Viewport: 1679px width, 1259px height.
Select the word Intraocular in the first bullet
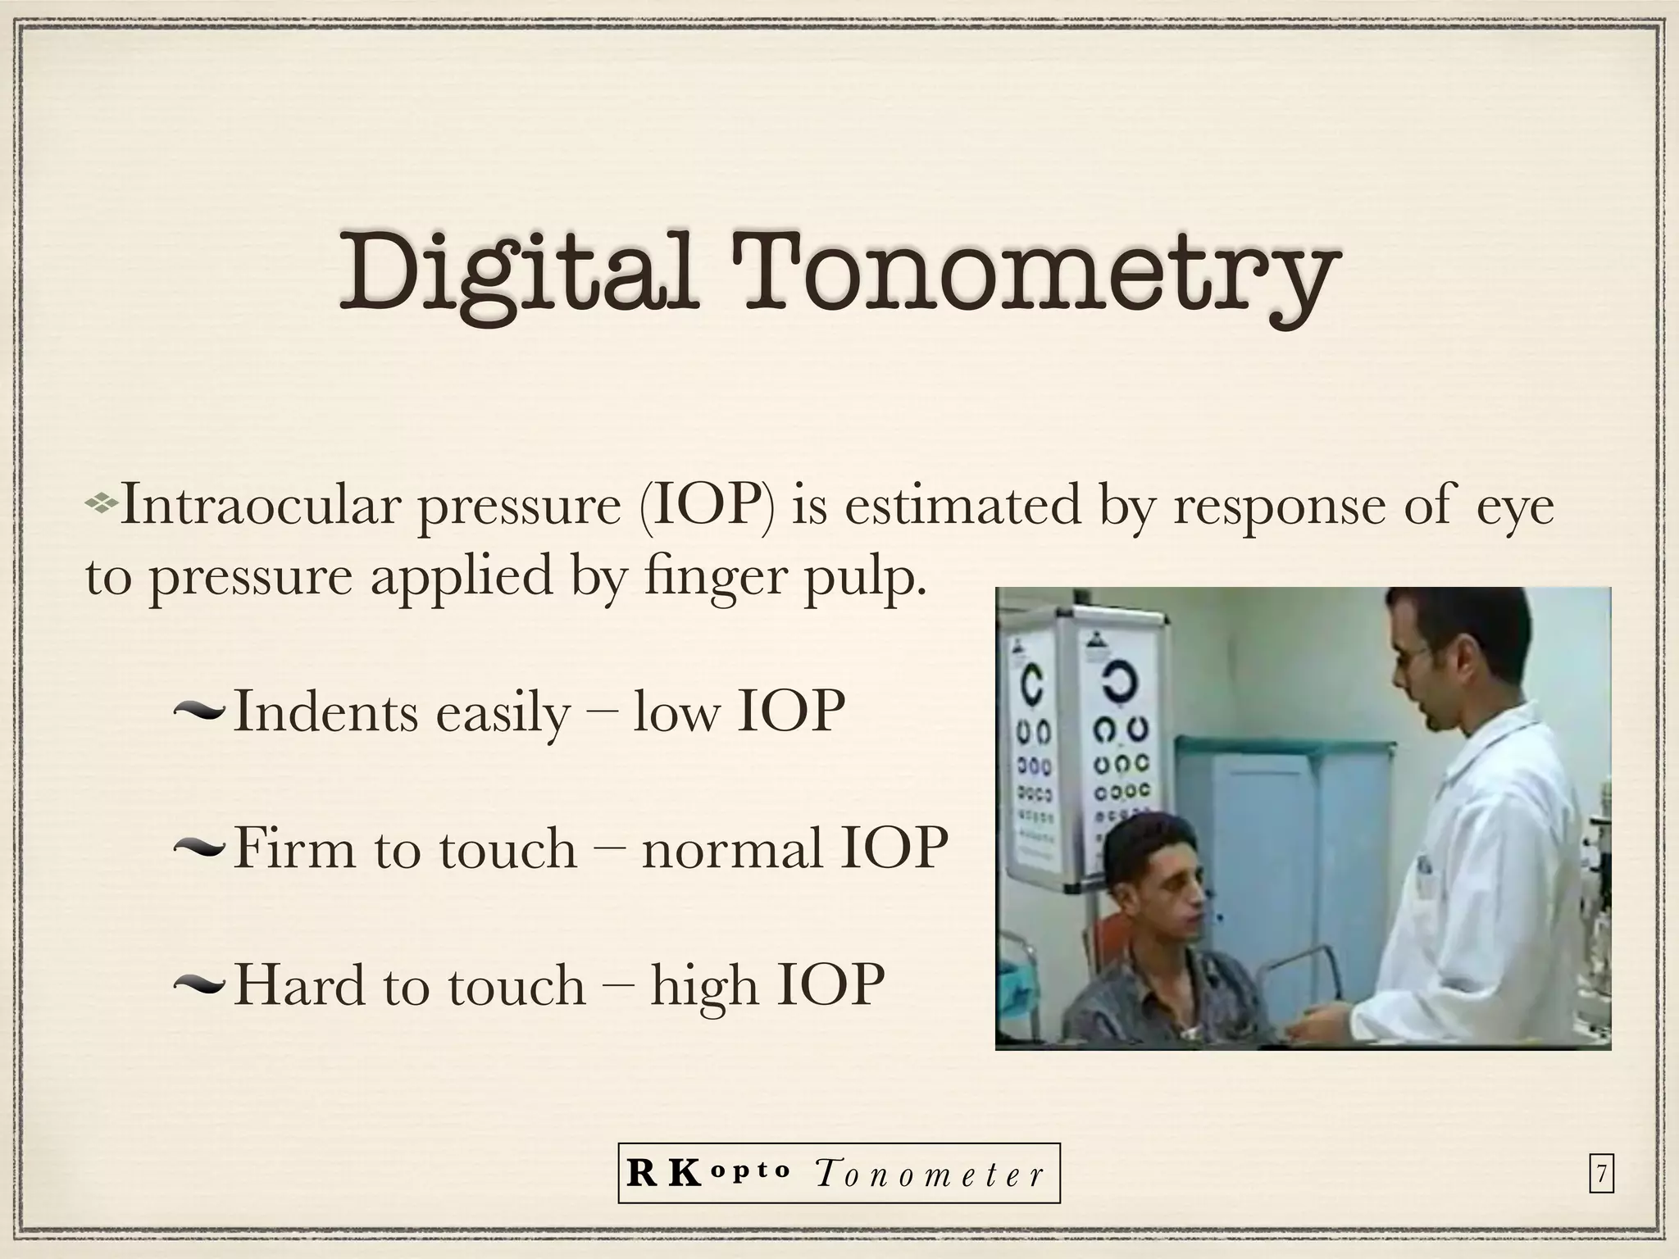point(260,506)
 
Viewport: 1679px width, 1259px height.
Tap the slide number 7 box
point(1601,1175)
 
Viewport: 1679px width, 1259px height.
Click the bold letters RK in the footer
point(662,1174)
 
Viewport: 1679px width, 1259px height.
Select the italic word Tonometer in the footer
point(930,1175)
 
